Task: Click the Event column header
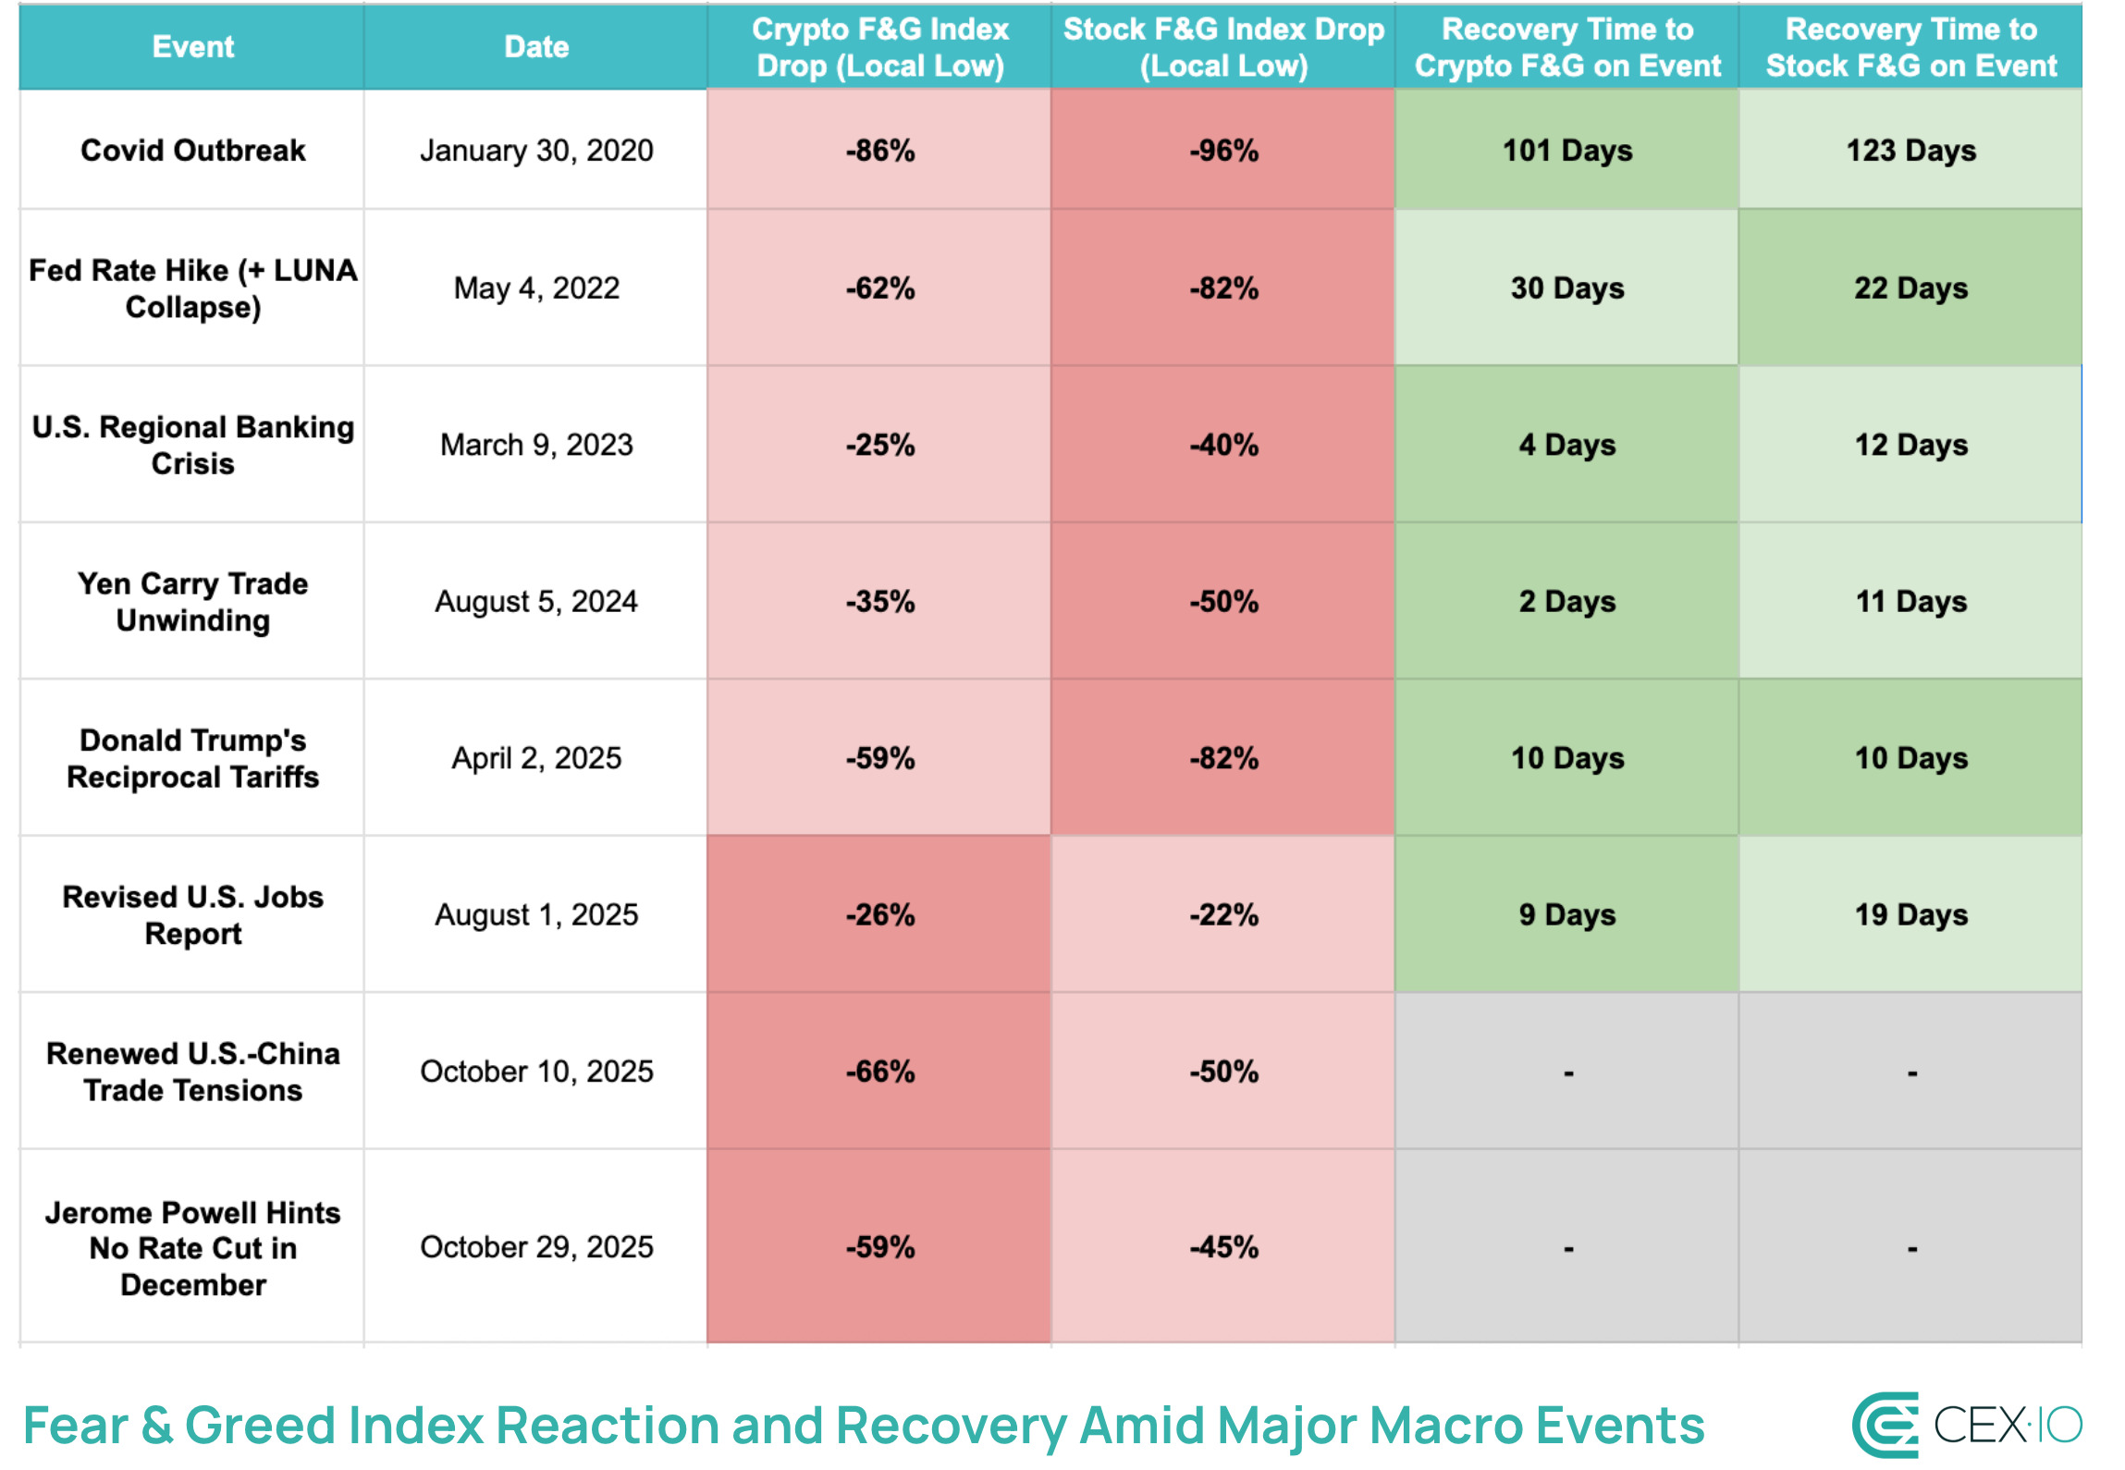[x=192, y=46]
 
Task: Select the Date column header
[x=536, y=46]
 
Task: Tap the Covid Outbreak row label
[x=192, y=150]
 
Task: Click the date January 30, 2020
[x=536, y=150]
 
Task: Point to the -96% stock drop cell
[x=1223, y=150]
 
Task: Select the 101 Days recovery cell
[x=1567, y=150]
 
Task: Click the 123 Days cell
[x=1910, y=150]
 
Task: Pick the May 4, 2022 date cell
[x=536, y=288]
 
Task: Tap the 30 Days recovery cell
[x=1567, y=288]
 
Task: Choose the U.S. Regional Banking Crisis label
[x=192, y=445]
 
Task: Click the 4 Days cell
[x=1567, y=445]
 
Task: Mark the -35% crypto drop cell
[x=879, y=601]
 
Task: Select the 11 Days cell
[x=1910, y=601]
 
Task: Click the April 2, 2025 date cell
[x=536, y=758]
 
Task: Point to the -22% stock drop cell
[x=1223, y=914]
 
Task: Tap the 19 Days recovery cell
[x=1910, y=914]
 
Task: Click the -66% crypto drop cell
[x=879, y=1071]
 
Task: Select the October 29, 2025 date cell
[x=536, y=1246]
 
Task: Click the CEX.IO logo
[x=1967, y=1425]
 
